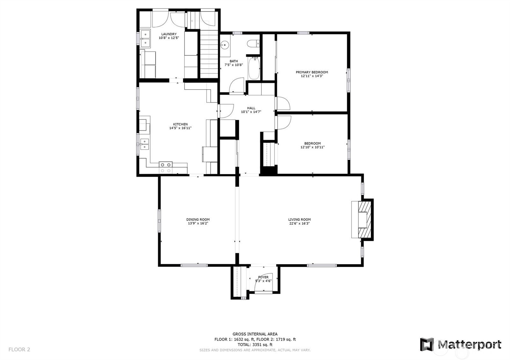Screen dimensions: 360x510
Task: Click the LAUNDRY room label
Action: (x=169, y=34)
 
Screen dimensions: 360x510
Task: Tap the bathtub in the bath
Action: (x=254, y=68)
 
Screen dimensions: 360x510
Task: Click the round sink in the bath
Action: (x=225, y=44)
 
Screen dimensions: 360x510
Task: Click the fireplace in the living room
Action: (x=363, y=219)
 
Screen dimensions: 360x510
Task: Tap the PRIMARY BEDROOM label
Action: (x=311, y=72)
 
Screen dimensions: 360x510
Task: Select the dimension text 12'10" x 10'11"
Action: (x=312, y=147)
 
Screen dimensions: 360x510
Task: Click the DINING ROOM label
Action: (x=198, y=220)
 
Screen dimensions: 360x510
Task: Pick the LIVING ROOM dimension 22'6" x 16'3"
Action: (x=299, y=223)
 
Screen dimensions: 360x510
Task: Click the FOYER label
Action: (x=263, y=277)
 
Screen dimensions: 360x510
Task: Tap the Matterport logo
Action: (x=460, y=344)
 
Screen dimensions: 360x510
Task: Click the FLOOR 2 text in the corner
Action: (x=19, y=349)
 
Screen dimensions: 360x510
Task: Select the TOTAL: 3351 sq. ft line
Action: (x=255, y=344)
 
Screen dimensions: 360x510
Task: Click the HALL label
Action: (x=251, y=108)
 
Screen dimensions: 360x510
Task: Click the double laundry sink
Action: (x=145, y=38)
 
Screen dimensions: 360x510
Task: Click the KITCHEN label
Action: (x=180, y=124)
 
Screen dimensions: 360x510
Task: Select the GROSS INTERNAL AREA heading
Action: (x=255, y=334)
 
